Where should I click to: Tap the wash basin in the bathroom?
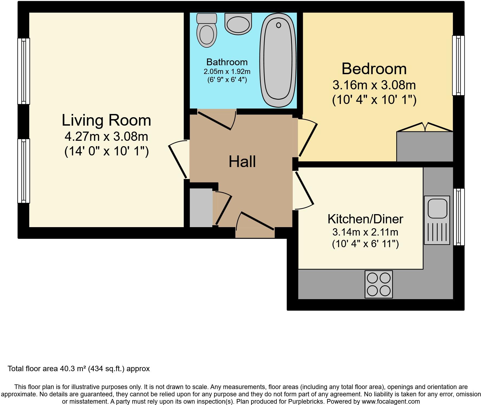click(x=238, y=24)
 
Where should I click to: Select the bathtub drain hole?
click(x=278, y=25)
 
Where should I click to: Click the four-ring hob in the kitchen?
click(x=378, y=284)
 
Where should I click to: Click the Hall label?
click(x=242, y=162)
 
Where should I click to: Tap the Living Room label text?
click(x=106, y=120)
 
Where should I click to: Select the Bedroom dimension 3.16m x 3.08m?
click(x=374, y=85)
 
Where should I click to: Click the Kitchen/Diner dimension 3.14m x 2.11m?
click(x=365, y=232)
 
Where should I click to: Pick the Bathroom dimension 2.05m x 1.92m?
click(x=227, y=71)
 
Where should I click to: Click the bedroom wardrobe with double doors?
click(x=425, y=146)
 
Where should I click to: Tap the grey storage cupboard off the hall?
click(x=201, y=207)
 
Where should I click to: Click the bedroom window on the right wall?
click(x=458, y=65)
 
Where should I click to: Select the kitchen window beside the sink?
click(x=459, y=217)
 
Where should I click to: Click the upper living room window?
click(x=24, y=71)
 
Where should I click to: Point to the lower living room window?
click(x=24, y=171)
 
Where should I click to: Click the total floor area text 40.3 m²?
click(x=79, y=368)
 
